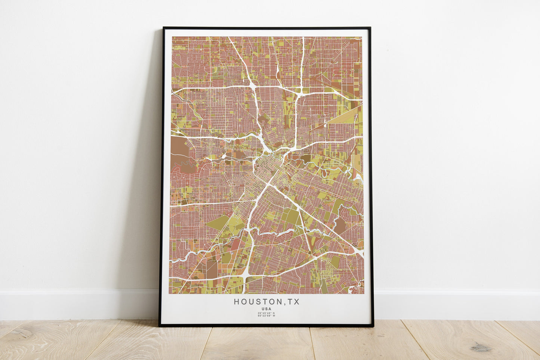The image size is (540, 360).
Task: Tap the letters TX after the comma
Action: pos(294,302)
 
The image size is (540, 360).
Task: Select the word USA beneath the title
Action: pos(266,309)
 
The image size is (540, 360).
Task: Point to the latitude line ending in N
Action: pos(266,313)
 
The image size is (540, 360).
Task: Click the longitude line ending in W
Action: pos(266,316)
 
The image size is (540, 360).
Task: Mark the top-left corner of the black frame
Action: pos(164,28)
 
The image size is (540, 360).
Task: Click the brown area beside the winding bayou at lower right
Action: pos(340,225)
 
